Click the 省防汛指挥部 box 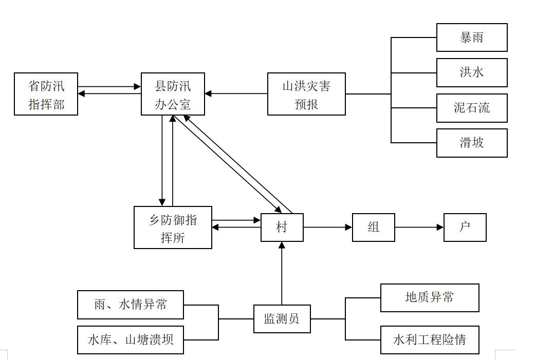(46, 94)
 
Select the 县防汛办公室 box (173, 94)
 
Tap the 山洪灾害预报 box (306, 94)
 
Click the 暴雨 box (472, 37)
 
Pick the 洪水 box (472, 72)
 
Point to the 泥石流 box (472, 108)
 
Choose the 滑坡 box (472, 143)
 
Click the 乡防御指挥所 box (173, 228)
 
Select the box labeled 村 (282, 228)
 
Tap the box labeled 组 (374, 228)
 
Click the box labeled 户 (465, 228)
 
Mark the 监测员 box (282, 319)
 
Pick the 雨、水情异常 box (131, 305)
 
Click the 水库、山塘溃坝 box (131, 340)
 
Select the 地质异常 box (430, 298)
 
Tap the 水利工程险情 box (430, 340)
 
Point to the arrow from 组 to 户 (419, 227)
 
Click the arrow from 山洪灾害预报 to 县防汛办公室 (236, 93)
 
